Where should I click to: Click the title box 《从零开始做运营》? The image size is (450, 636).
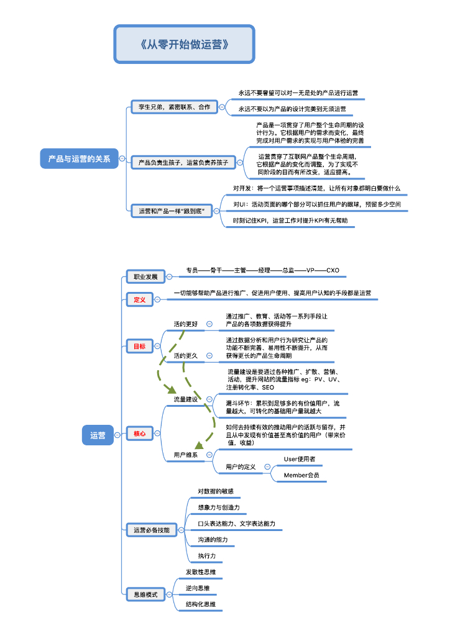pyautogui.click(x=184, y=44)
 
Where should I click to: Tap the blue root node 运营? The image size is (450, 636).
pyautogui.click(x=98, y=435)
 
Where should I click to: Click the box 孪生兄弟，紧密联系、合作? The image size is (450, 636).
pyautogui.click(x=173, y=107)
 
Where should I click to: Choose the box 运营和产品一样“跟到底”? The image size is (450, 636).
pyautogui.click(x=171, y=211)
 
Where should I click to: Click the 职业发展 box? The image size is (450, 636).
pyautogui.click(x=141, y=276)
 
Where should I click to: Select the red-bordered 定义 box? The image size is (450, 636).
pyautogui.click(x=139, y=299)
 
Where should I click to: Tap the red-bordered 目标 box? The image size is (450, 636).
pyautogui.click(x=139, y=346)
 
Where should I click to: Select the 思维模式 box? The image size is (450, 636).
pyautogui.click(x=141, y=594)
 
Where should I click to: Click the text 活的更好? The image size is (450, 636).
pyautogui.click(x=185, y=324)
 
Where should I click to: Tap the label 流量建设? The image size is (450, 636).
pyautogui.click(x=185, y=399)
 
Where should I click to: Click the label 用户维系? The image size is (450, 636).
pyautogui.click(x=185, y=455)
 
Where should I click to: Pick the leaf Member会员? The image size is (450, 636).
pyautogui.click(x=301, y=475)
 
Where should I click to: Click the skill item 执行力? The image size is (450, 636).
pyautogui.click(x=207, y=555)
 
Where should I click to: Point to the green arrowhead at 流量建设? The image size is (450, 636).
pyautogui.click(x=169, y=390)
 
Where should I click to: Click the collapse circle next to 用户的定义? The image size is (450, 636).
pyautogui.click(x=267, y=466)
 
